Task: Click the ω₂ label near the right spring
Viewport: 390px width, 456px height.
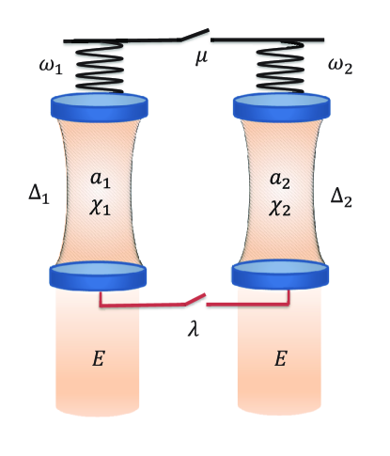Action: pos(342,68)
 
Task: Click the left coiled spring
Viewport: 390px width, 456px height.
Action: pos(99,69)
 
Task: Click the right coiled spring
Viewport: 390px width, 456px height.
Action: pos(282,69)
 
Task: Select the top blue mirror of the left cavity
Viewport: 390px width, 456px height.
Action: pos(99,104)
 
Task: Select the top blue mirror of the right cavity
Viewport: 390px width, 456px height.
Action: pos(282,104)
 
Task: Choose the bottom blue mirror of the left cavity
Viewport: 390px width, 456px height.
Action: pos(99,275)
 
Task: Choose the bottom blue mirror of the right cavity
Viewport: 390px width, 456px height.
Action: pos(282,275)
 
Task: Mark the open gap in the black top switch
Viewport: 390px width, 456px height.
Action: pos(199,38)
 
